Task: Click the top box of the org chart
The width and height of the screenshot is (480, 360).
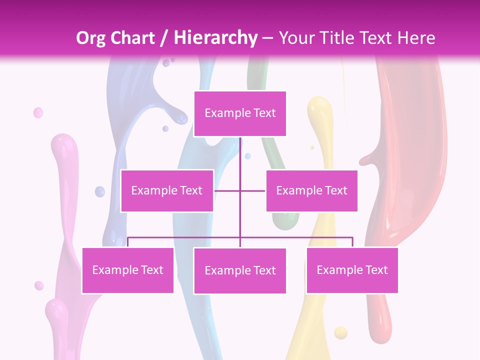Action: point(240,113)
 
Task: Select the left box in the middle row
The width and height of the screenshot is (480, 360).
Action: point(167,190)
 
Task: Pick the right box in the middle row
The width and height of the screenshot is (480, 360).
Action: point(311,190)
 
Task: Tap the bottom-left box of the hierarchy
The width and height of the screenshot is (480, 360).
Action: point(127,270)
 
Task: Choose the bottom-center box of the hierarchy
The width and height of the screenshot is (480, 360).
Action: point(240,270)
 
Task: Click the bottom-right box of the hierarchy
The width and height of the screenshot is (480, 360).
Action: point(352,270)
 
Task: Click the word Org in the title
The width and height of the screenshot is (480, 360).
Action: point(90,38)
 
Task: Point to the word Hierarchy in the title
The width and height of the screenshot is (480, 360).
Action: point(215,38)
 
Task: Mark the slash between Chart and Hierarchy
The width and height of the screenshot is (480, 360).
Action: point(164,38)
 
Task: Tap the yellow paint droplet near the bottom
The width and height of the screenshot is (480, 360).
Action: point(340,332)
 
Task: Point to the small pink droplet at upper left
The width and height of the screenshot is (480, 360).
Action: point(38,113)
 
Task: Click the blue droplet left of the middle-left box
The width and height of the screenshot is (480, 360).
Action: point(100,191)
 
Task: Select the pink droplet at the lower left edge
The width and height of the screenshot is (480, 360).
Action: point(39,285)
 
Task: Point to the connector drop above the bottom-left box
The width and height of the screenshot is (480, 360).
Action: point(127,242)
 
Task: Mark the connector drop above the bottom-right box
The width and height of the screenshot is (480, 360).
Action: point(352,242)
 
